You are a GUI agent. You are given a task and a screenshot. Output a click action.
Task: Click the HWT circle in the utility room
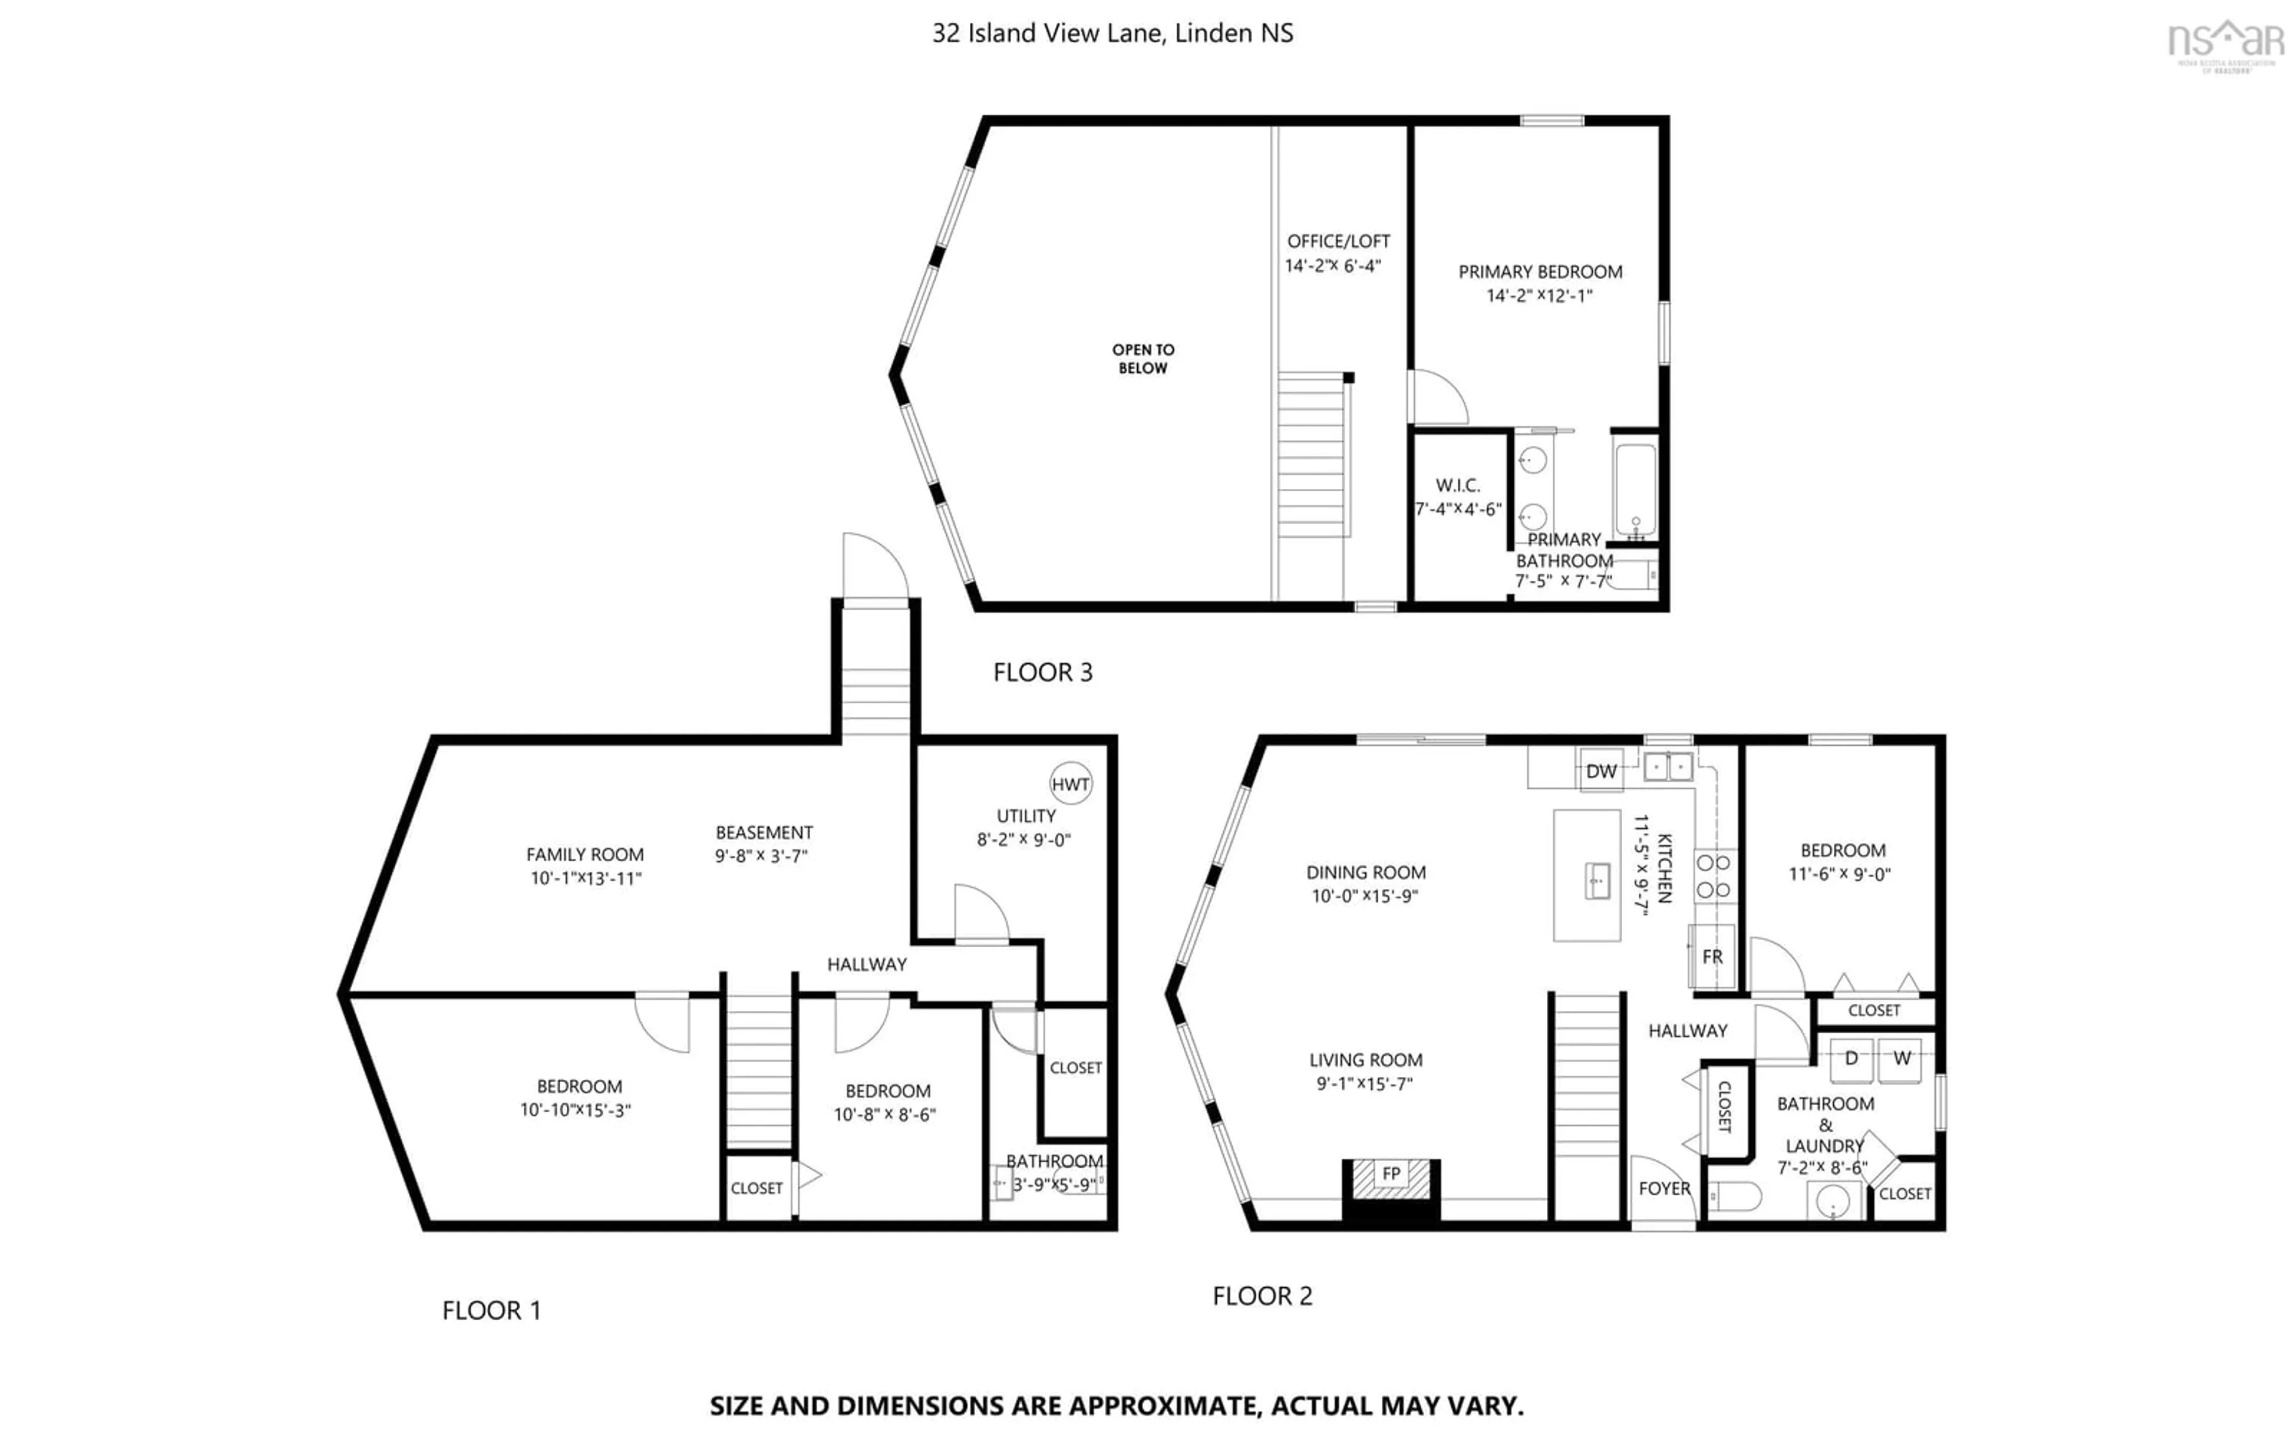coord(1070,784)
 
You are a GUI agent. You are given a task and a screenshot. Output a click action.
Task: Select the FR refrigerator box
coord(1712,956)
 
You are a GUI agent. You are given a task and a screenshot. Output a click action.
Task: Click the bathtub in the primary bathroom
coord(1635,490)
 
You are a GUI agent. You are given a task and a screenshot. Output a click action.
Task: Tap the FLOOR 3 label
coord(1043,673)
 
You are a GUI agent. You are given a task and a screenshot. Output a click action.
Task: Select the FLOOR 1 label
coord(491,1310)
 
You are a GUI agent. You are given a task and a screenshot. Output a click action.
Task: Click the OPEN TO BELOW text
coord(1143,359)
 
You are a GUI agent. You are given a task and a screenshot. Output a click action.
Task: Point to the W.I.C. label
coord(1458,485)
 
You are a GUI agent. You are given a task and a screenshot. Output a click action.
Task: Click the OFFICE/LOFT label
coord(1338,241)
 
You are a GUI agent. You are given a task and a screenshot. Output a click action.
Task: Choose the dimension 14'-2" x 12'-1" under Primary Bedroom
coord(1540,296)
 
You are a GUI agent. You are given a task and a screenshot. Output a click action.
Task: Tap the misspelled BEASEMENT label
coord(764,832)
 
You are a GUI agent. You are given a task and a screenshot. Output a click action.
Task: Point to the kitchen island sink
coord(1598,880)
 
